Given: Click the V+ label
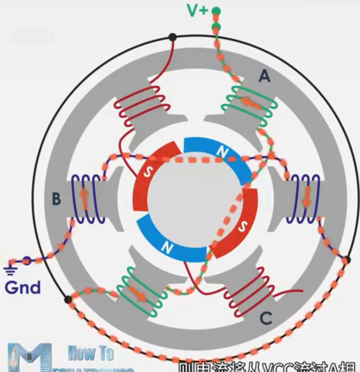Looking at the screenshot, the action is click(198, 11).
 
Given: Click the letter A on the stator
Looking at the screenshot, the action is click(264, 76).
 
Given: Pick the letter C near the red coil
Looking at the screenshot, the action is click(266, 318).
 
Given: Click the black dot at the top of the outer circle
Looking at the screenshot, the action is click(172, 37).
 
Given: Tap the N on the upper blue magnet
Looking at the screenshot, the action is click(222, 151).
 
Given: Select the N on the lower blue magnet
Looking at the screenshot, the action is click(167, 248).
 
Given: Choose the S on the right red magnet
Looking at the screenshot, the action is click(242, 227).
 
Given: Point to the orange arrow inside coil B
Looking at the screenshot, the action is click(84, 199).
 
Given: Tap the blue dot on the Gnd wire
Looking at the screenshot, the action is click(27, 261).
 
